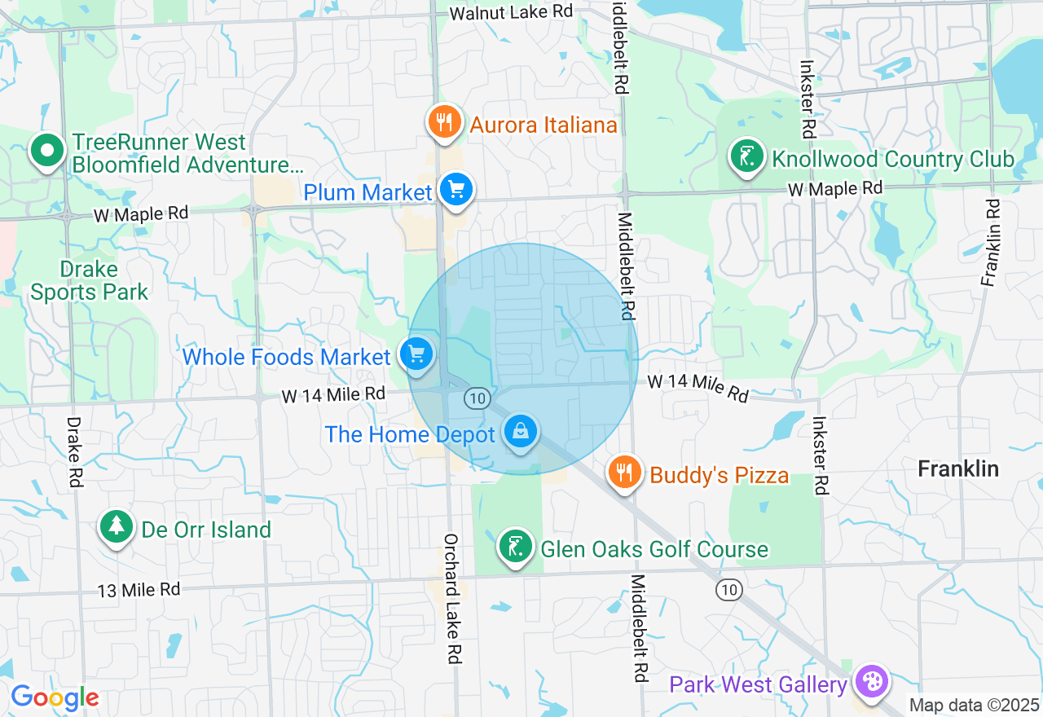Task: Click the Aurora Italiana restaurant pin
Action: [x=444, y=122]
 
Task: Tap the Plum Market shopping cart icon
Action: [x=455, y=190]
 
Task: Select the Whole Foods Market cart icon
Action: [x=417, y=354]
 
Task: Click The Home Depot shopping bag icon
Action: [x=520, y=432]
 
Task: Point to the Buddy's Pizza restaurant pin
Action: [x=625, y=473]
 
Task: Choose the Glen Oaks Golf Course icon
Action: [x=515, y=547]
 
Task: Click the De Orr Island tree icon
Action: [x=116, y=527]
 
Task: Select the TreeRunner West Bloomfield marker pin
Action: [x=47, y=151]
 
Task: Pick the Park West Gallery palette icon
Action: [x=871, y=681]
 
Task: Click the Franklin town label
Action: [x=957, y=468]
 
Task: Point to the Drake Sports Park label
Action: [x=90, y=281]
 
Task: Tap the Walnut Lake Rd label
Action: [x=511, y=12]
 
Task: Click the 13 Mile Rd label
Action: [x=138, y=589]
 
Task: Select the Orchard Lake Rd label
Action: [x=453, y=598]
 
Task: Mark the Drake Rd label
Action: [x=74, y=452]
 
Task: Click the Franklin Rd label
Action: [x=991, y=242]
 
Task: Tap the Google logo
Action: [x=55, y=697]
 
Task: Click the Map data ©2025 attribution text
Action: [x=974, y=706]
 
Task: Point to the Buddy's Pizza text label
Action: [x=719, y=475]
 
